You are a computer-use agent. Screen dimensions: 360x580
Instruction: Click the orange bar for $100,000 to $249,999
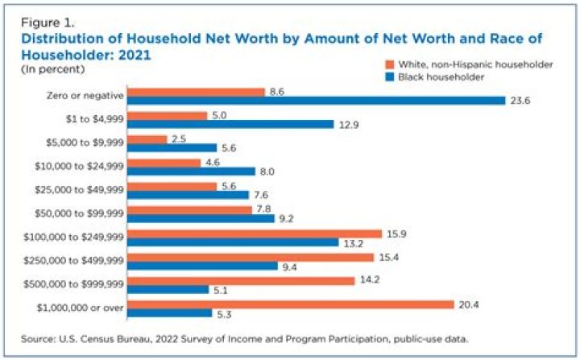click(x=255, y=234)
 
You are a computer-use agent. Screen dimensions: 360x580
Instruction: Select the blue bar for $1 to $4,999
click(x=230, y=124)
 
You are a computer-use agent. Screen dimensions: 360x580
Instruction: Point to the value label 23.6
click(x=519, y=101)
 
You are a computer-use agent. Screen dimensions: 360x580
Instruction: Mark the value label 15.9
click(x=396, y=234)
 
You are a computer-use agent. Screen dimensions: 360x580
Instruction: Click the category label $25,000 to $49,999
click(x=79, y=191)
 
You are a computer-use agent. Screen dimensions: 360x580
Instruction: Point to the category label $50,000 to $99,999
click(x=79, y=214)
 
